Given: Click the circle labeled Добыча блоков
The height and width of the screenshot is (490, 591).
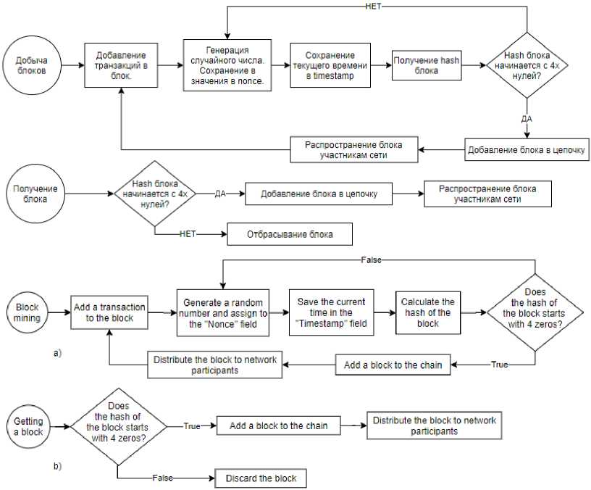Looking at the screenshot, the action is point(32,65).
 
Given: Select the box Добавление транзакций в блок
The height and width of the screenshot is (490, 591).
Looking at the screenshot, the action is point(121,65).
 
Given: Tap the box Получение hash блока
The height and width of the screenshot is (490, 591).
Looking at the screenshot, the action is point(427,65).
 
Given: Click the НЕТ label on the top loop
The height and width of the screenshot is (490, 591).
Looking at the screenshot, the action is point(373,7).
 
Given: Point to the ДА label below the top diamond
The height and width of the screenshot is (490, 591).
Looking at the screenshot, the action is point(527,119).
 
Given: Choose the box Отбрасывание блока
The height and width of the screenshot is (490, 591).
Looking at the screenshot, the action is point(290,234).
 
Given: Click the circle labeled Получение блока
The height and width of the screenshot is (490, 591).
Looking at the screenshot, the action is point(35,194).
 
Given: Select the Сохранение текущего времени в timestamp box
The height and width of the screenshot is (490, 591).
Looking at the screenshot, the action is point(330,65).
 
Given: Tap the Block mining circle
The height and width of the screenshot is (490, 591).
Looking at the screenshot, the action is point(27,312).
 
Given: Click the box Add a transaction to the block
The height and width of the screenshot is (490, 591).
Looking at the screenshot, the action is point(109,312).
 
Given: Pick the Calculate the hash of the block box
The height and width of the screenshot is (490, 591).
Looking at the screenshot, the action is point(428,312).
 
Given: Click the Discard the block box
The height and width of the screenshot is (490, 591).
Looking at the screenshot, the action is point(261,478).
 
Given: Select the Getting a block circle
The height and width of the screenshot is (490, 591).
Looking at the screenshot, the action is point(28,427).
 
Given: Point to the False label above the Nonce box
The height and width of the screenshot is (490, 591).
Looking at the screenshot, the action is point(372,260).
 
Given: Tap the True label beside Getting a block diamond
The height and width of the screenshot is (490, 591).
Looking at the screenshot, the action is point(192,426).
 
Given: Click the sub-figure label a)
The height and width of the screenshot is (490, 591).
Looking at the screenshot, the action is point(57,353).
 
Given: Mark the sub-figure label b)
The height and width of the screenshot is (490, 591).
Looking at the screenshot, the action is point(57,466).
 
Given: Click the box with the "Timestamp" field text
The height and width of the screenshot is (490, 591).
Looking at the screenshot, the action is point(331,312).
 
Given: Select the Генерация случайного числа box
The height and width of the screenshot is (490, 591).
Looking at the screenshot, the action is point(227,65).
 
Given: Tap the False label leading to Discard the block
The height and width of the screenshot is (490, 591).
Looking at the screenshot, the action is point(162,478).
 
